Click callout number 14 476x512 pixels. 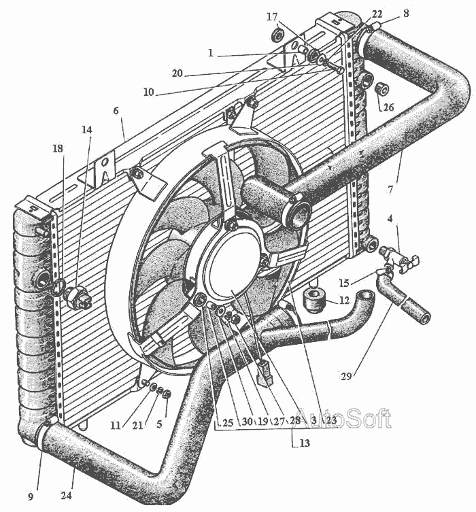(86, 130)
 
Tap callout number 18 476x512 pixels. (58, 149)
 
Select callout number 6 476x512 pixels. (116, 111)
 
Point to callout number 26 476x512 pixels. (388, 107)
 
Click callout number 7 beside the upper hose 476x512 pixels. (391, 190)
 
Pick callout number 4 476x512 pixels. (390, 218)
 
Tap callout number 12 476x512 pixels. (344, 300)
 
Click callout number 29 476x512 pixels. (346, 377)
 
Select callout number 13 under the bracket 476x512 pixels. (304, 443)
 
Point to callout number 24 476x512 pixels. (66, 496)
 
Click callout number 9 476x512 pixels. (31, 497)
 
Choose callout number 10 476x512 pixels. (148, 92)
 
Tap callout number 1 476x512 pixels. (211, 53)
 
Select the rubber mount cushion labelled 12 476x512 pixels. (314, 300)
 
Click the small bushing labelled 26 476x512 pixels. (381, 89)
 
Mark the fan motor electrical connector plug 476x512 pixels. (265, 373)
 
